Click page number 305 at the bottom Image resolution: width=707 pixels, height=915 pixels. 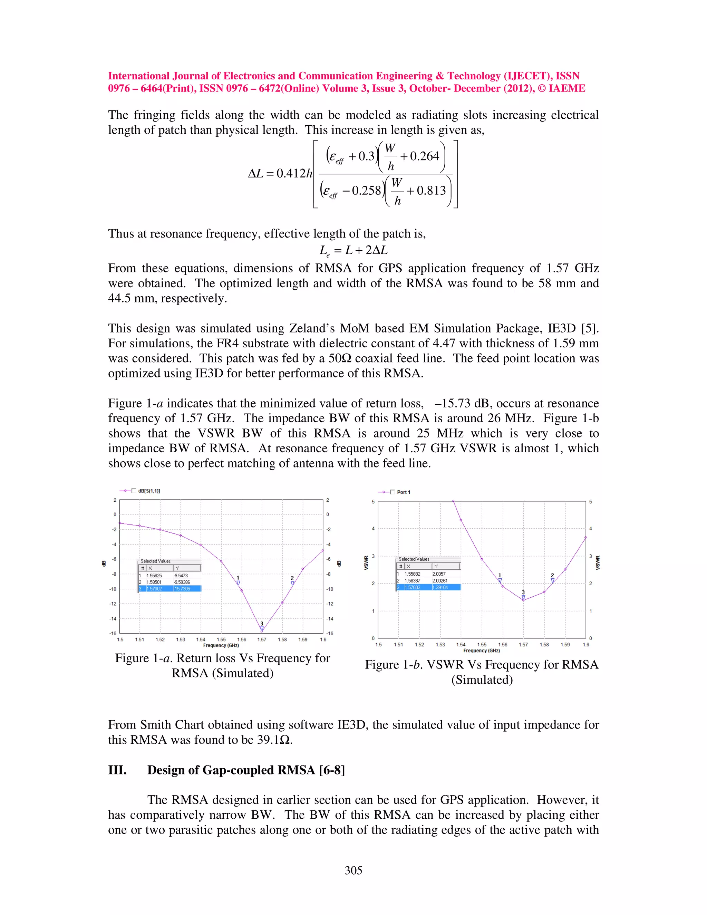click(353, 870)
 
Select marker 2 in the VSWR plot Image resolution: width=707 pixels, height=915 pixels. click(552, 580)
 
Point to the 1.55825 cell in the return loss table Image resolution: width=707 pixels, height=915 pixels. click(154, 575)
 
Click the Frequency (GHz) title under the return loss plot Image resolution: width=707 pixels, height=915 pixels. click(221, 645)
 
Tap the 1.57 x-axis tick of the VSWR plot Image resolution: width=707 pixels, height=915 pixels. click(523, 644)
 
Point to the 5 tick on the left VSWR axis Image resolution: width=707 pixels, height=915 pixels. click(373, 501)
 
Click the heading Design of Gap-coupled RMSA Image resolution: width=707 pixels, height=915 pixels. click(246, 770)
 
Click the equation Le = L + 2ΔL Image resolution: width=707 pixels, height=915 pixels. click(353, 251)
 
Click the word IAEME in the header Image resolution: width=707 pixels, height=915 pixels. click(567, 88)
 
